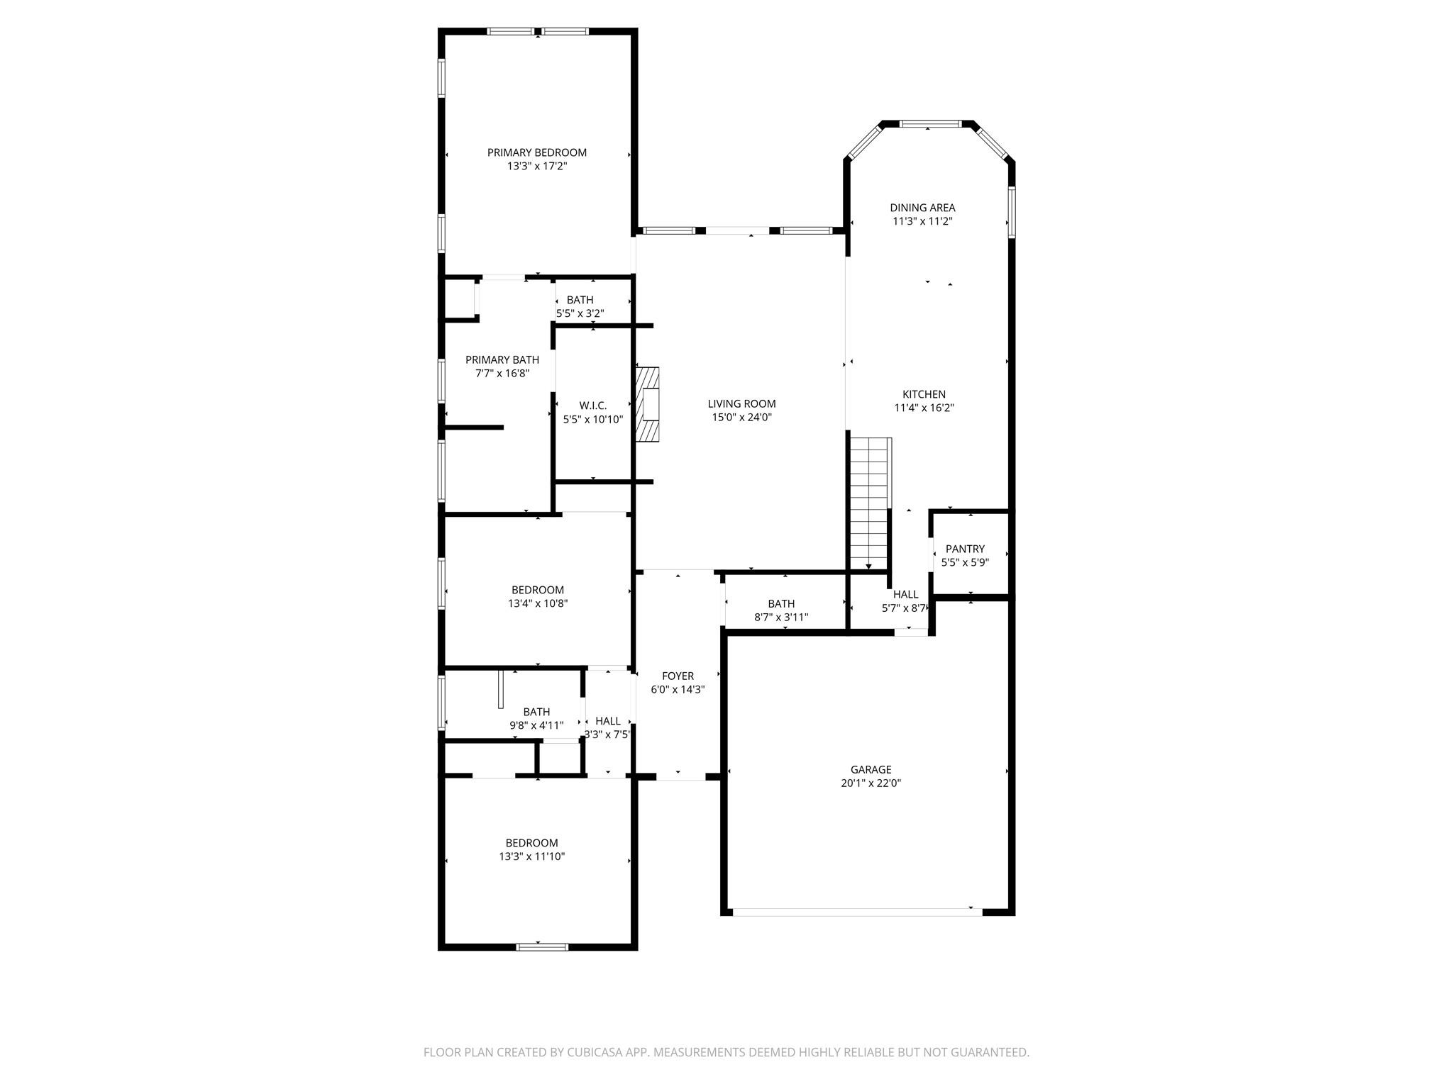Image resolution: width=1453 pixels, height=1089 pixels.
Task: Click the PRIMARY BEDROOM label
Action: tap(537, 152)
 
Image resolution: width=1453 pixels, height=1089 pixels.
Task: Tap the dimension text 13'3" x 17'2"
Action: tap(537, 166)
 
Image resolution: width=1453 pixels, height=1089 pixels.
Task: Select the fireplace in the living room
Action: tap(648, 404)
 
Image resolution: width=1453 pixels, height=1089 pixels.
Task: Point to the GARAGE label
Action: tap(871, 769)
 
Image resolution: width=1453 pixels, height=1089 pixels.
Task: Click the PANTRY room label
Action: tap(965, 549)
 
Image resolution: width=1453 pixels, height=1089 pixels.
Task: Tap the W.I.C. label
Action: tap(593, 406)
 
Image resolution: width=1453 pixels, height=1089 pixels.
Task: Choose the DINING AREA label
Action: tap(922, 208)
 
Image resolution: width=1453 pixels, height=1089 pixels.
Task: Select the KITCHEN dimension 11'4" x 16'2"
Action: tap(924, 408)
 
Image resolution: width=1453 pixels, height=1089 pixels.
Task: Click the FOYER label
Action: tap(678, 676)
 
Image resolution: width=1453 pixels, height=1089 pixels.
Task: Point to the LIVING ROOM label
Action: tap(741, 404)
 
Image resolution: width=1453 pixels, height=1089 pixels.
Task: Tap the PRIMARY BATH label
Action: tap(502, 360)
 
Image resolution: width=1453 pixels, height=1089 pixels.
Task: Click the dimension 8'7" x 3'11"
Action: tap(781, 618)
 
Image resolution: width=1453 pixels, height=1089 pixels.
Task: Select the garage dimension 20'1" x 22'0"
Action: tap(871, 783)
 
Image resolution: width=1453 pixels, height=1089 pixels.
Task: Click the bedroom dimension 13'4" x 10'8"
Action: tap(538, 604)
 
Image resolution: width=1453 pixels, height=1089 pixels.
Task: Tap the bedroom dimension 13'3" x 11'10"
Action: tap(531, 856)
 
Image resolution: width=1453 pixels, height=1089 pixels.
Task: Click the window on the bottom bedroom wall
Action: tap(542, 946)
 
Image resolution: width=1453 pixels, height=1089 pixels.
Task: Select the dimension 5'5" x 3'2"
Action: tap(580, 313)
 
